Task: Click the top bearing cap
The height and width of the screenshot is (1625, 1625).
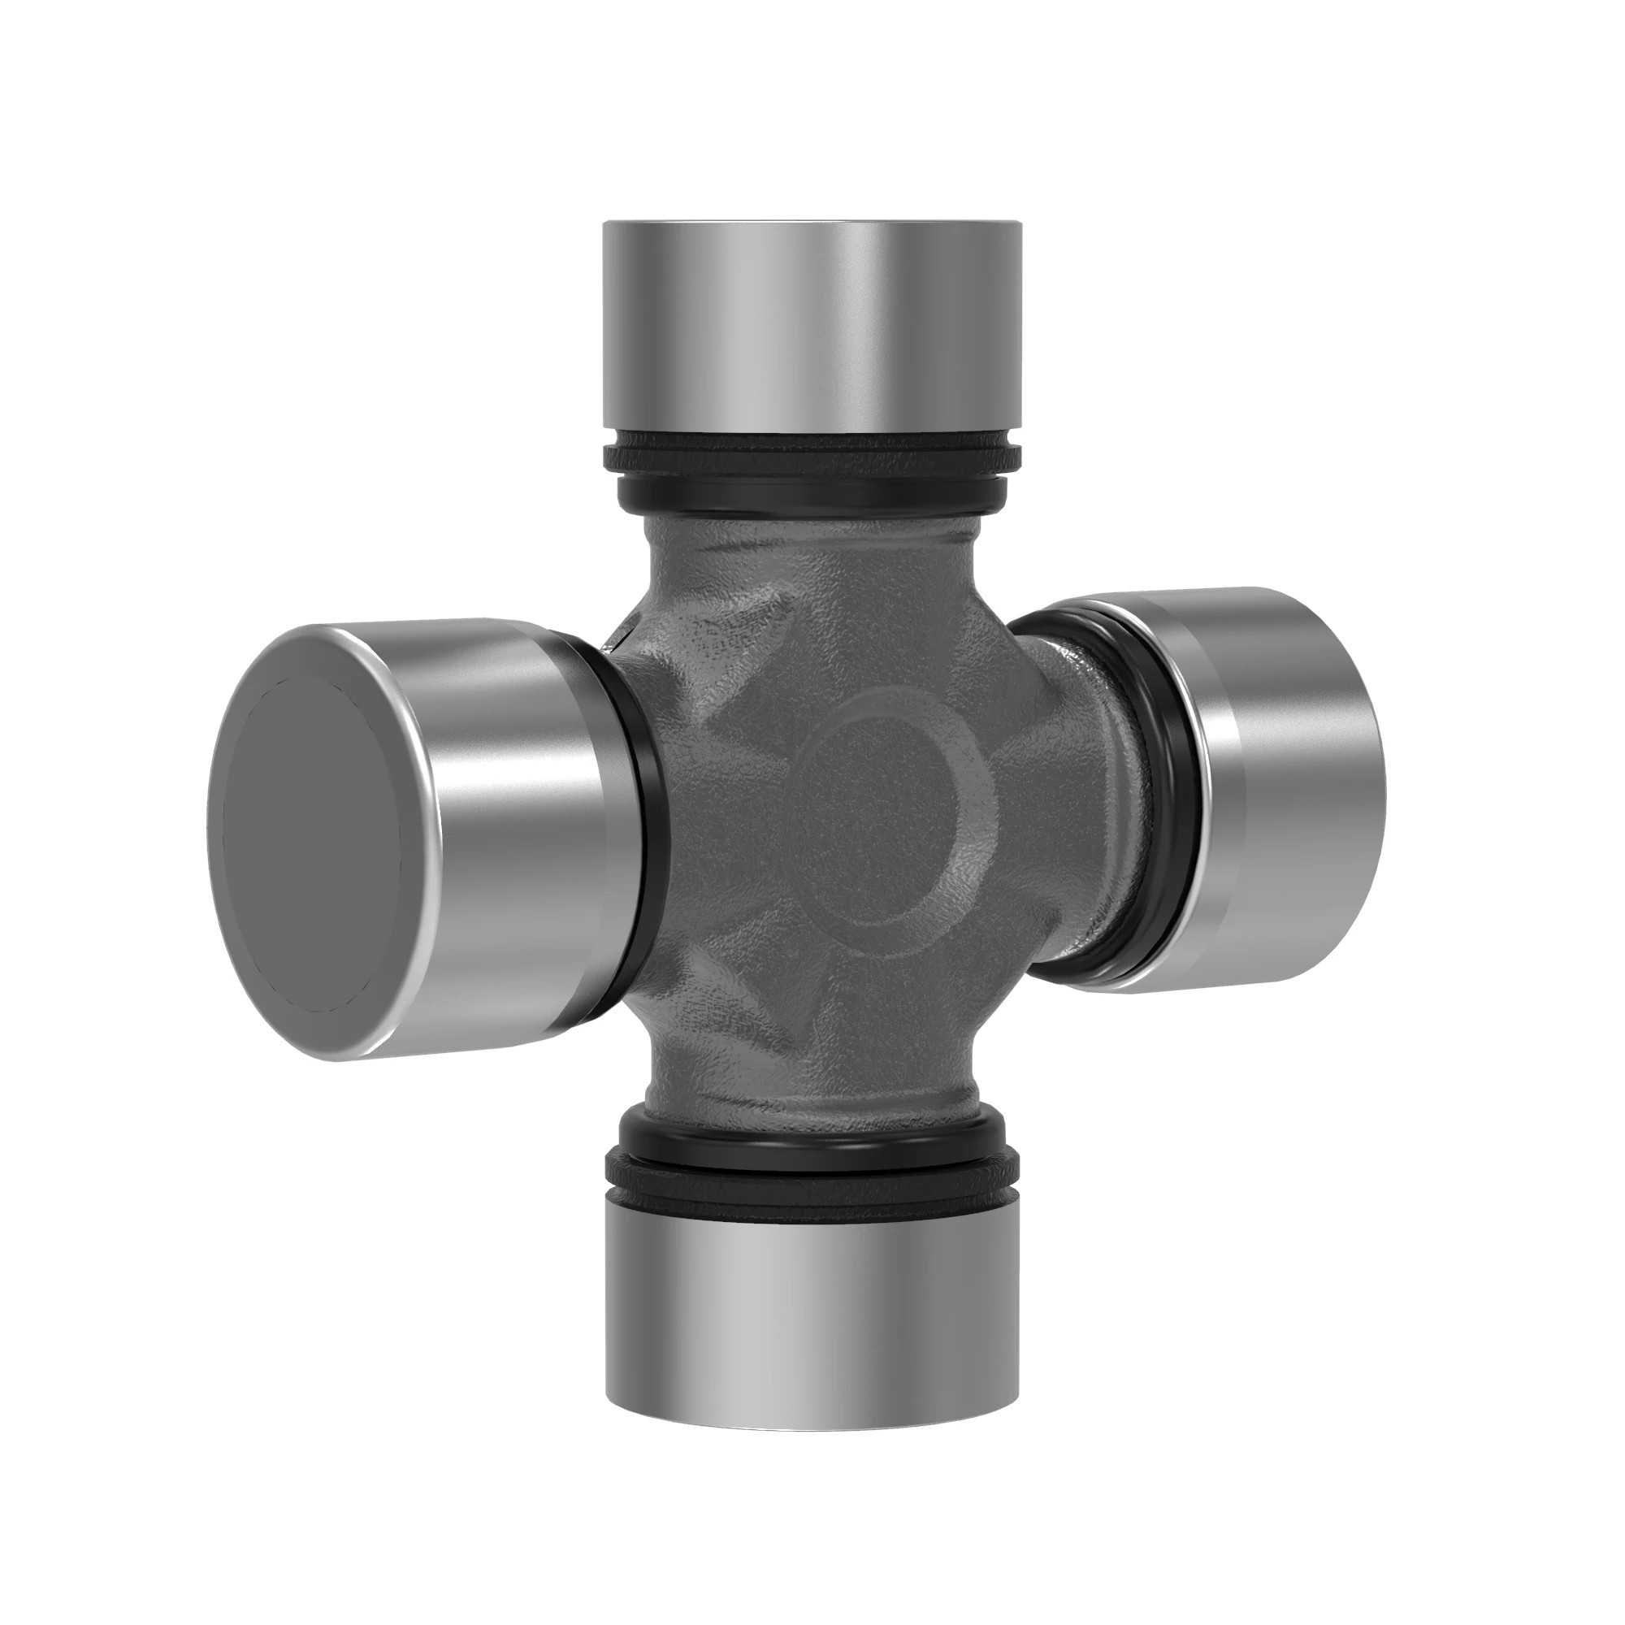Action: coord(812,328)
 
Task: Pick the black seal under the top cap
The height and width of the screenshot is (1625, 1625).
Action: coord(812,471)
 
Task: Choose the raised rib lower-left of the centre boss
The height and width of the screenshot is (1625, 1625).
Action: coord(757,984)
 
